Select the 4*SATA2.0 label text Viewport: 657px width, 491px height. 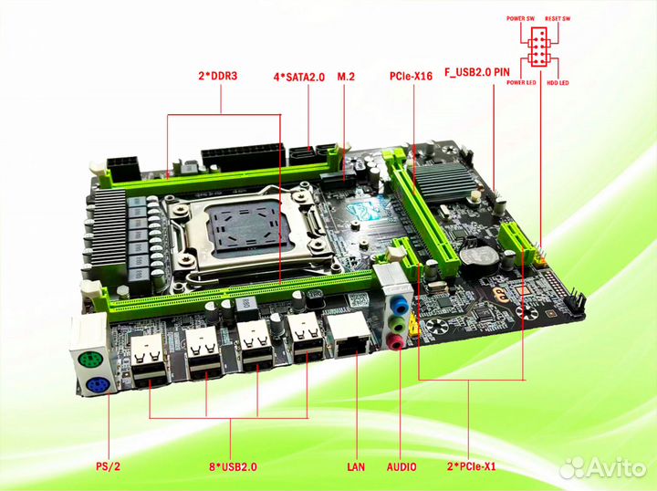tap(299, 77)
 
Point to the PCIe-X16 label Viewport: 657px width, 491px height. tap(411, 77)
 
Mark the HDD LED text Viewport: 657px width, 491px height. tap(558, 84)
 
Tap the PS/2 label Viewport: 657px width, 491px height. tap(107, 467)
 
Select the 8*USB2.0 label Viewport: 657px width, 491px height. tap(233, 467)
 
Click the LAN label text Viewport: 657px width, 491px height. tap(356, 467)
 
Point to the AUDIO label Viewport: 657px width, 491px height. tap(401, 467)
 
